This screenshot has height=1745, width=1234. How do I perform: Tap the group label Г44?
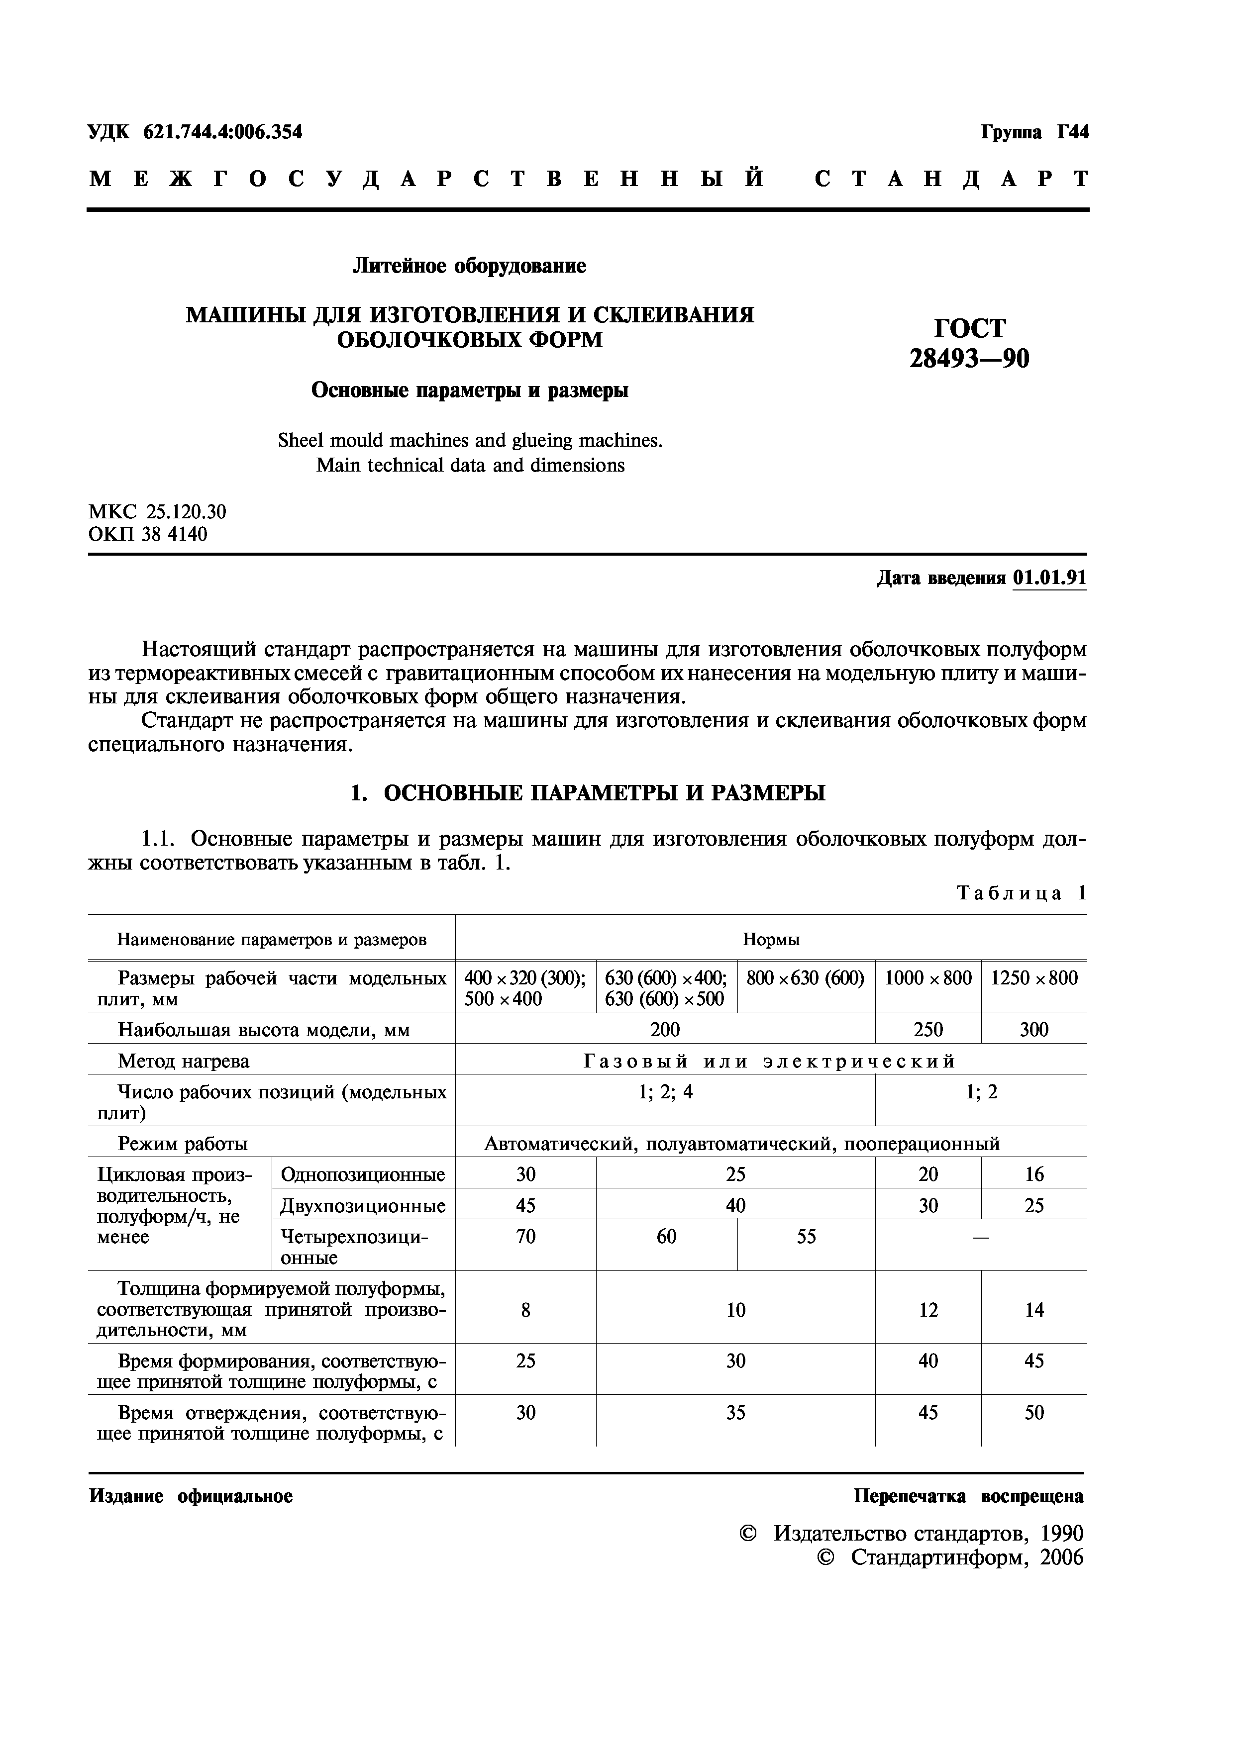click(1072, 132)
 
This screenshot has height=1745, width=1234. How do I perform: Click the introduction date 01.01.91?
click(1049, 579)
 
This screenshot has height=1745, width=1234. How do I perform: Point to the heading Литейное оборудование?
click(469, 266)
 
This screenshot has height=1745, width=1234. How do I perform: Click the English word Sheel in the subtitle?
click(301, 441)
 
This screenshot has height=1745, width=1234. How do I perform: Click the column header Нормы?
click(770, 939)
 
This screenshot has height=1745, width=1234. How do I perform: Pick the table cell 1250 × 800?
click(1033, 978)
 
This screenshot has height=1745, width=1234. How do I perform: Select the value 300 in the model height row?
click(1033, 1030)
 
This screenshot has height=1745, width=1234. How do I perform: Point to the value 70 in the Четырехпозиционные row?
click(525, 1237)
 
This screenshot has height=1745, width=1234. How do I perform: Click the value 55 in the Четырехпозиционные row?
click(806, 1237)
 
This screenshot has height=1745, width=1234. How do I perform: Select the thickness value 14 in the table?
click(1033, 1310)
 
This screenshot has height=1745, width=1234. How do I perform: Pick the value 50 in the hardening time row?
click(1033, 1412)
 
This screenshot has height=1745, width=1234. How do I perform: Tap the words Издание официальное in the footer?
click(191, 1496)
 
